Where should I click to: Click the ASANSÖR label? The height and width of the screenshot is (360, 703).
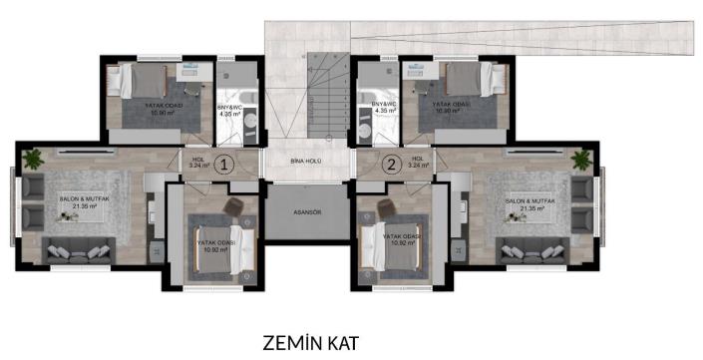coord(307,212)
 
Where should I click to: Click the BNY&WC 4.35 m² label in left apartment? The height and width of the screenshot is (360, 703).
coord(232,111)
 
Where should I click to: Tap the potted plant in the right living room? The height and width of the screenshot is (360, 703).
coord(579,158)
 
